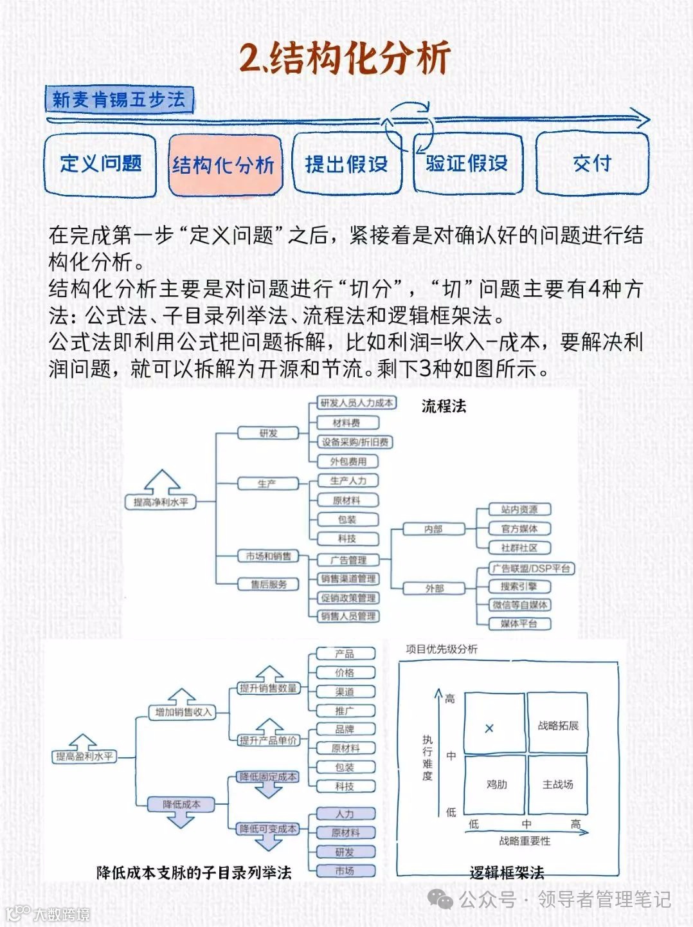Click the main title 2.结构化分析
point(345,58)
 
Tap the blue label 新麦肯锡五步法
point(119,100)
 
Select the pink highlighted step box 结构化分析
point(224,165)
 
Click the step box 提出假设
point(346,164)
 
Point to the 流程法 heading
point(444,406)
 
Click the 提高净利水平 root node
point(160,502)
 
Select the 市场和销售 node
point(268,556)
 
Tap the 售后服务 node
point(269,584)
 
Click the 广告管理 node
point(348,560)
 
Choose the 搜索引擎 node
point(519,587)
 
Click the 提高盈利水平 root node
point(84,757)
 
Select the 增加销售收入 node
point(183,712)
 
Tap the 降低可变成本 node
point(268,829)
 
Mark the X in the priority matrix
point(489,728)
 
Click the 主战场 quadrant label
point(557,784)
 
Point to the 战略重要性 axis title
point(525,841)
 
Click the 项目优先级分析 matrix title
point(442,649)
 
